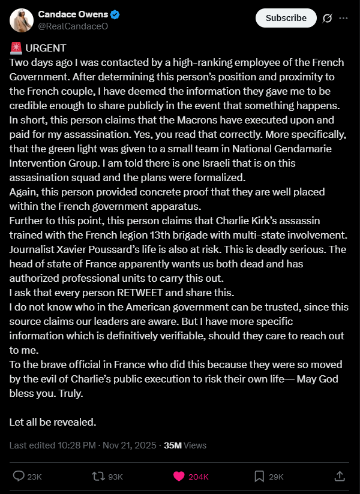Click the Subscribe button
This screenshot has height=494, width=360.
point(286,18)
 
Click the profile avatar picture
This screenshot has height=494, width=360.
point(21,20)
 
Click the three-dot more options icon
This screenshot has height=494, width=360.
point(343,18)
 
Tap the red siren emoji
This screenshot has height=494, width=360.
point(16,48)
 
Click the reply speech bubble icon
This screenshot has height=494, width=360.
point(19,476)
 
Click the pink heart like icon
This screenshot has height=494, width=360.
point(179,476)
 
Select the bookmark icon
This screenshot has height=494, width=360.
point(259,476)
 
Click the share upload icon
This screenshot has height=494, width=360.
point(339,476)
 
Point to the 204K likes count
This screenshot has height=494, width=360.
point(198,477)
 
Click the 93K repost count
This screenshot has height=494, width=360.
point(115,477)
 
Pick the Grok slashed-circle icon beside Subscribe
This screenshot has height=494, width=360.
point(327,18)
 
